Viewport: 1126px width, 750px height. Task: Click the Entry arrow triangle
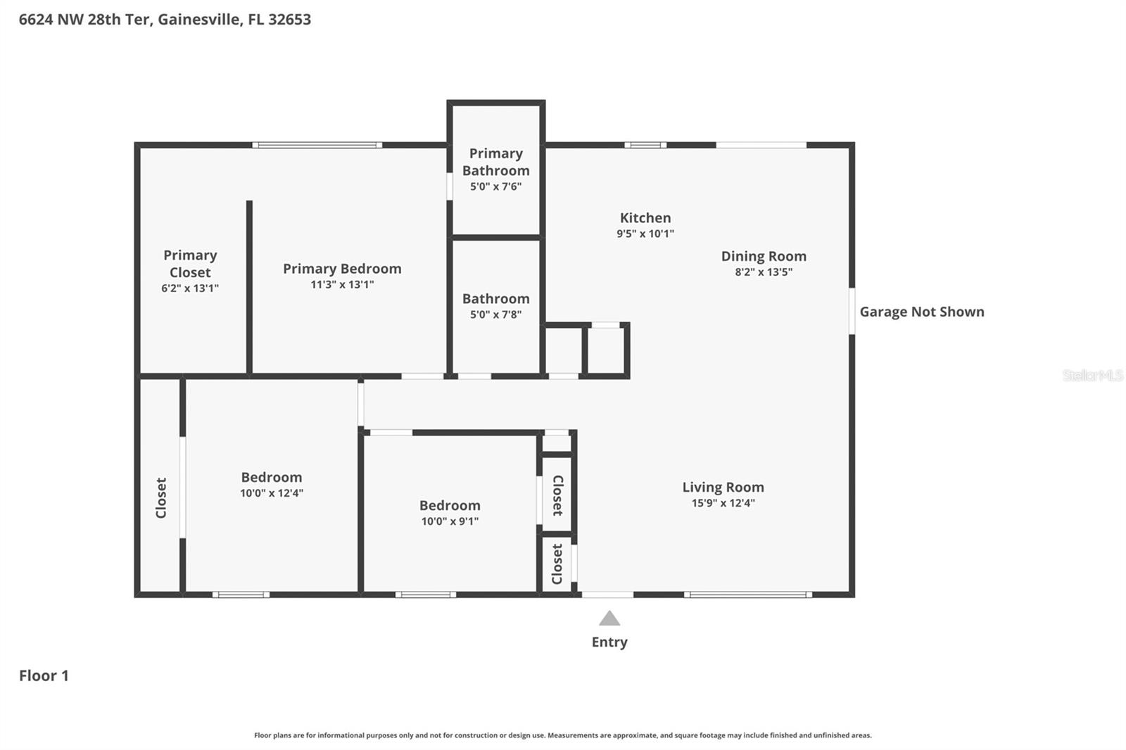pyautogui.click(x=609, y=619)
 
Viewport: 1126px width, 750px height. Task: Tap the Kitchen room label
pyautogui.click(x=645, y=218)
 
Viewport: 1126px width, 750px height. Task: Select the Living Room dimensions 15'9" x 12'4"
pyautogui.click(x=723, y=503)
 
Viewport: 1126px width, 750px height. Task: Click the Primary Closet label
pyautogui.click(x=190, y=264)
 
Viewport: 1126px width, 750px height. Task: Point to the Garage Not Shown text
pyautogui.click(x=921, y=312)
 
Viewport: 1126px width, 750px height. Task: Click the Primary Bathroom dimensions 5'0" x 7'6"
pyautogui.click(x=495, y=186)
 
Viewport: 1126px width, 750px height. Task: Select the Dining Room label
pyautogui.click(x=764, y=256)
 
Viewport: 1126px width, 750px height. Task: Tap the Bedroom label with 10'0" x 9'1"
pyautogui.click(x=450, y=505)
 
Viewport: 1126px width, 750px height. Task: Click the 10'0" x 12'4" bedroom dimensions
pyautogui.click(x=271, y=493)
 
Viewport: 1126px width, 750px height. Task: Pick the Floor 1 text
pyautogui.click(x=44, y=675)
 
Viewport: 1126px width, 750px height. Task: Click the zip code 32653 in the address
pyautogui.click(x=289, y=19)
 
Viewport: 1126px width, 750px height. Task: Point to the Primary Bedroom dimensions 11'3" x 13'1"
pyautogui.click(x=342, y=285)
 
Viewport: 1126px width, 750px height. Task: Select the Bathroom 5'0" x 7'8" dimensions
pyautogui.click(x=495, y=314)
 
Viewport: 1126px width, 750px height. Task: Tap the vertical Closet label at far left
pyautogui.click(x=161, y=498)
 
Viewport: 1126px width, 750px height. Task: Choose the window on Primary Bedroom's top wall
pyautogui.click(x=317, y=145)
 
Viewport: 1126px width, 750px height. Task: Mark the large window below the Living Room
pyautogui.click(x=748, y=595)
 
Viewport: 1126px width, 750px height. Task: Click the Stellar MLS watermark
pyautogui.click(x=1092, y=375)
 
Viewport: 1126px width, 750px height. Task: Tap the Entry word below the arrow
pyautogui.click(x=609, y=642)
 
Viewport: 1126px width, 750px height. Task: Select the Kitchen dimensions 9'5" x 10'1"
pyautogui.click(x=645, y=234)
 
